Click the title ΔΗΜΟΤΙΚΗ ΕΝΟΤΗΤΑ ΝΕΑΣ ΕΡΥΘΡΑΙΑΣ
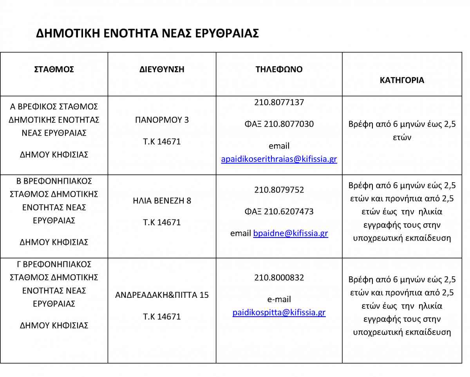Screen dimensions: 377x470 [x=147, y=33]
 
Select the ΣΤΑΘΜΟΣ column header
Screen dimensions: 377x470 [x=54, y=70]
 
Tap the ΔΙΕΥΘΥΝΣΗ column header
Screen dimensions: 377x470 [x=162, y=70]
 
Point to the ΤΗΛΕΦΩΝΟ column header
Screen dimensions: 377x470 [x=279, y=69]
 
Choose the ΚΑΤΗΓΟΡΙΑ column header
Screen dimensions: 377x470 [x=402, y=80]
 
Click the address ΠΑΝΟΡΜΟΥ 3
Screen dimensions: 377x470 [x=162, y=120]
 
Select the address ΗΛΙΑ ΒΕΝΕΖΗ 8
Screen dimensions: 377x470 [x=162, y=201]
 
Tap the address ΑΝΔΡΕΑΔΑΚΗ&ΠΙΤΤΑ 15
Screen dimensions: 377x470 [x=162, y=295]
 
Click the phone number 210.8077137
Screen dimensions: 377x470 [x=279, y=102]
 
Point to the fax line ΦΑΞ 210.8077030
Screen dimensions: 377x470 [x=279, y=124]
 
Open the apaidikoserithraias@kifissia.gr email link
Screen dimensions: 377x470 [x=279, y=159]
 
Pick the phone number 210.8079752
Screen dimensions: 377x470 [x=279, y=190]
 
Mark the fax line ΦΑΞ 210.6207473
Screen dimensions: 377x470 [x=279, y=212]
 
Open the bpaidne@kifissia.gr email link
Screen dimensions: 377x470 [x=291, y=234]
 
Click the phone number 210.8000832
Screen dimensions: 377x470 [x=279, y=278]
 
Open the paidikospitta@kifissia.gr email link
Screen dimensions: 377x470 [x=279, y=313]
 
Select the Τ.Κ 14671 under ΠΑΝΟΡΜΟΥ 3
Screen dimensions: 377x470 [x=162, y=141]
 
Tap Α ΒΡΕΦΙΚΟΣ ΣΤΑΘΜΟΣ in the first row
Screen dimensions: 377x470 [x=54, y=107]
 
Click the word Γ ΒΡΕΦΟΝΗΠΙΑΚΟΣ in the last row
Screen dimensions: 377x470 [x=54, y=264]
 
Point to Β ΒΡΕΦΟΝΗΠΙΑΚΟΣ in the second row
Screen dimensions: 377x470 [x=54, y=181]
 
